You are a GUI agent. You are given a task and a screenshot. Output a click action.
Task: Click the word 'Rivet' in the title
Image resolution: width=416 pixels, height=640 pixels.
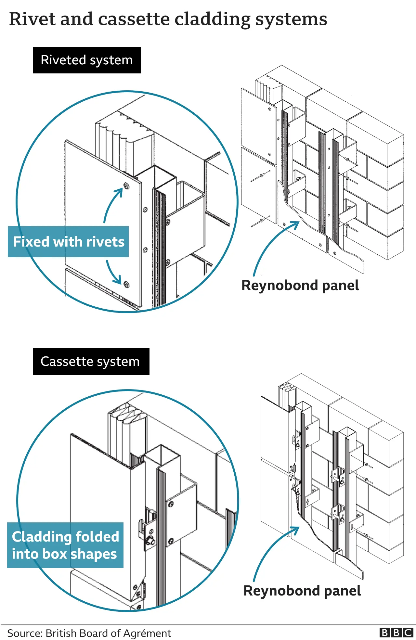(32, 19)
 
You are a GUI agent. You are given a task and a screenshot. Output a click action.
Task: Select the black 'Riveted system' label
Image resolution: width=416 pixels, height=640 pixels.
(87, 60)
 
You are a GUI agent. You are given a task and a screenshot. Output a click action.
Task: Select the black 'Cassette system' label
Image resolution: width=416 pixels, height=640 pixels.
(91, 362)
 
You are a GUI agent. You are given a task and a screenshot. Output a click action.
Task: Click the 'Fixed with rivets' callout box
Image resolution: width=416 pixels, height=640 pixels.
(68, 242)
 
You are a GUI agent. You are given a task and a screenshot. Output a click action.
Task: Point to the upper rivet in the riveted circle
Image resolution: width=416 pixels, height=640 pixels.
(126, 186)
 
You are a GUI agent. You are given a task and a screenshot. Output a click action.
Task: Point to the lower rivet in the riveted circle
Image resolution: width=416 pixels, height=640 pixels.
(126, 285)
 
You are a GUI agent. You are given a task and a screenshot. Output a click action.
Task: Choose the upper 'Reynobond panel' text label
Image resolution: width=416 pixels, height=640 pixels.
(300, 286)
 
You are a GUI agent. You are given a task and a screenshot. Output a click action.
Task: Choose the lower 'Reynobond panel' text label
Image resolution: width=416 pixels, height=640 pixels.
(302, 591)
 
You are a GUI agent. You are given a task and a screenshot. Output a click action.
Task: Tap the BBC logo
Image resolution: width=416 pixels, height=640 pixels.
(396, 633)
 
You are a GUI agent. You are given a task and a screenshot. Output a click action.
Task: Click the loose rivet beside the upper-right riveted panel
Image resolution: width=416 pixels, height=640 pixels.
(260, 177)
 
